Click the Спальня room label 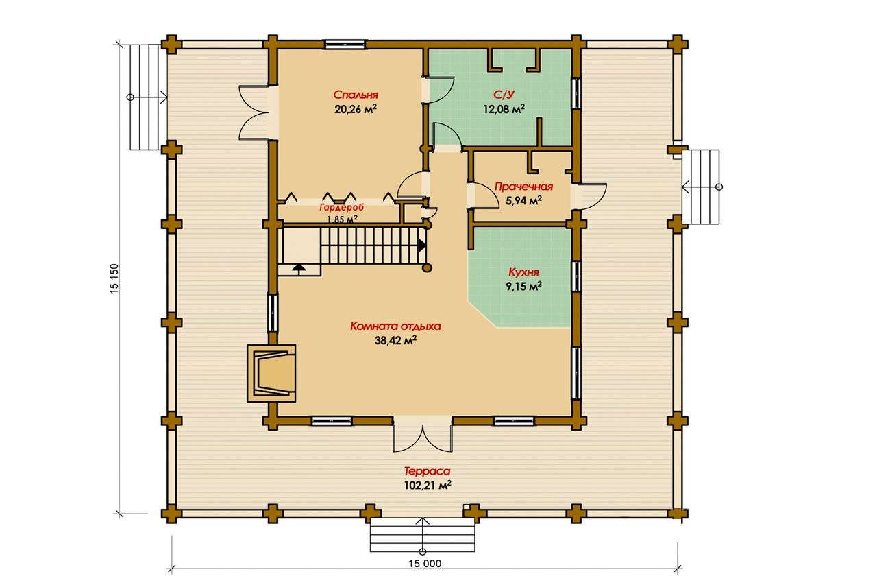point(356,95)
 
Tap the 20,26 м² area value point(356,109)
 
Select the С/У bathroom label point(504,95)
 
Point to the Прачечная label point(524,187)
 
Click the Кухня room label point(524,272)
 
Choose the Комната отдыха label point(395,326)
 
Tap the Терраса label point(427,470)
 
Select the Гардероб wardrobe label point(341,207)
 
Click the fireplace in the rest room point(271,373)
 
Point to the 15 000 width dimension point(425,564)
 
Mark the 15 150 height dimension point(114,279)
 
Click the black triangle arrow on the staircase point(422,246)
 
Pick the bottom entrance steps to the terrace point(423,535)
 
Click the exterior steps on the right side point(701,187)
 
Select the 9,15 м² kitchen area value point(524,287)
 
